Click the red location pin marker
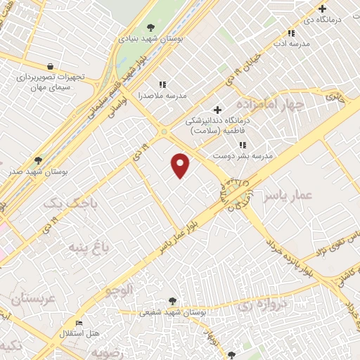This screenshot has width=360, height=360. (181, 165)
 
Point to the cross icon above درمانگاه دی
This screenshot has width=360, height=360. (323, 9)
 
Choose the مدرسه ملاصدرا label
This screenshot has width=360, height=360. (140, 94)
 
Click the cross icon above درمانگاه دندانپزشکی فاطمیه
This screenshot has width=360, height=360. (217, 109)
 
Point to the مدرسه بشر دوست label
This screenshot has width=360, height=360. (247, 155)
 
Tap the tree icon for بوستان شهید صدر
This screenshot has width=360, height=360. (38, 160)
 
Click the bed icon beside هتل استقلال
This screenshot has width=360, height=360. (79, 323)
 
